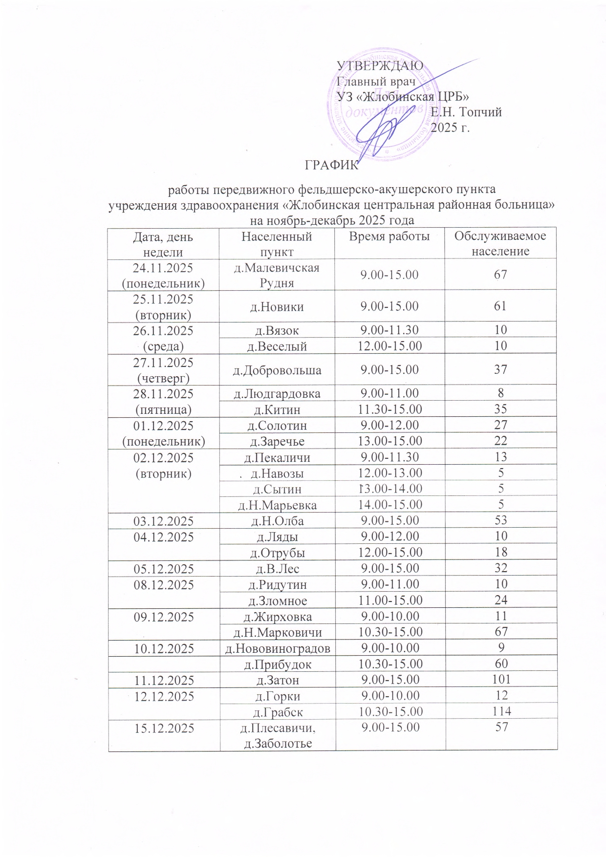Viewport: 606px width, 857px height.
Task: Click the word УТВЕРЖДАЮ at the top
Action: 380,66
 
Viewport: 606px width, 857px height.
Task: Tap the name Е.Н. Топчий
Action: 466,112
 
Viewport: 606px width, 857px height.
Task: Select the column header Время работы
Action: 389,237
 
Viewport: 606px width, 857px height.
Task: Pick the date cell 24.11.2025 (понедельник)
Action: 163,275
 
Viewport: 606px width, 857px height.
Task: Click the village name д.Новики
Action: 277,307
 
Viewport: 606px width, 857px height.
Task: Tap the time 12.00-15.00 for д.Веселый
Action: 390,346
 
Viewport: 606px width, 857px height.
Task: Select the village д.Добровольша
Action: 277,370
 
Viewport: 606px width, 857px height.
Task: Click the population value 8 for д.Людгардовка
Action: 500,393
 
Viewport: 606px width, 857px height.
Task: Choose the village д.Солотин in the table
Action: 277,426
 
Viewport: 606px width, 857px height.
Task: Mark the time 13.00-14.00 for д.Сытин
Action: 390,489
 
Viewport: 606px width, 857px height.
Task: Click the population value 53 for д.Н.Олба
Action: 500,520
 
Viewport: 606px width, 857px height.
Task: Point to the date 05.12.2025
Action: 163,569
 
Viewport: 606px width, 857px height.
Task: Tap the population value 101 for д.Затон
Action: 500,680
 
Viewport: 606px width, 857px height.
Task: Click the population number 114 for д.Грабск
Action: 500,712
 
